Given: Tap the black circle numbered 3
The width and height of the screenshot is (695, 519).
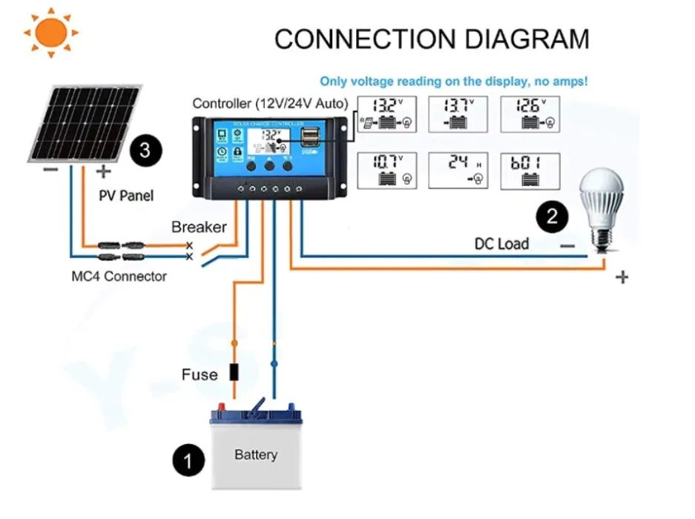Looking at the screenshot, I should point(145,151).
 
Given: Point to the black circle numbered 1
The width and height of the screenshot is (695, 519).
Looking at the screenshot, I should point(188,461).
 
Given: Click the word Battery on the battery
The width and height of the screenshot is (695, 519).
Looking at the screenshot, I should point(256,454).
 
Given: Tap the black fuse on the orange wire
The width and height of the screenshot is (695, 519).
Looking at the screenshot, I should point(234,372).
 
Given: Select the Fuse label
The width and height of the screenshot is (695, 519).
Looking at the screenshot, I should point(200,374).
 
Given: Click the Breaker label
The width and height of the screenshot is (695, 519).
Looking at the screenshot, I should point(199,227).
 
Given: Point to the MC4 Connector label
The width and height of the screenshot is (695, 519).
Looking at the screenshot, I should point(119,277).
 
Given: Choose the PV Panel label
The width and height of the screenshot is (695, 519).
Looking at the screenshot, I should point(127,196).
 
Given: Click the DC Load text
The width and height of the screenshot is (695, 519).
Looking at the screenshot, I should point(501,244).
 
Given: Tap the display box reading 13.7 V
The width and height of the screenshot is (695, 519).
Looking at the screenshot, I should point(458,114).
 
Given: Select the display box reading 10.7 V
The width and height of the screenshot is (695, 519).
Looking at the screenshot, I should point(386,171).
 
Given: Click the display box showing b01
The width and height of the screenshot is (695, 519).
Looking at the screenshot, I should point(530,171).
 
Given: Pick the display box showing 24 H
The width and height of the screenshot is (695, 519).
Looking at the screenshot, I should point(458,171).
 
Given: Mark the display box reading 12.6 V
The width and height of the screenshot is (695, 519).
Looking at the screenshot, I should point(530,114).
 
